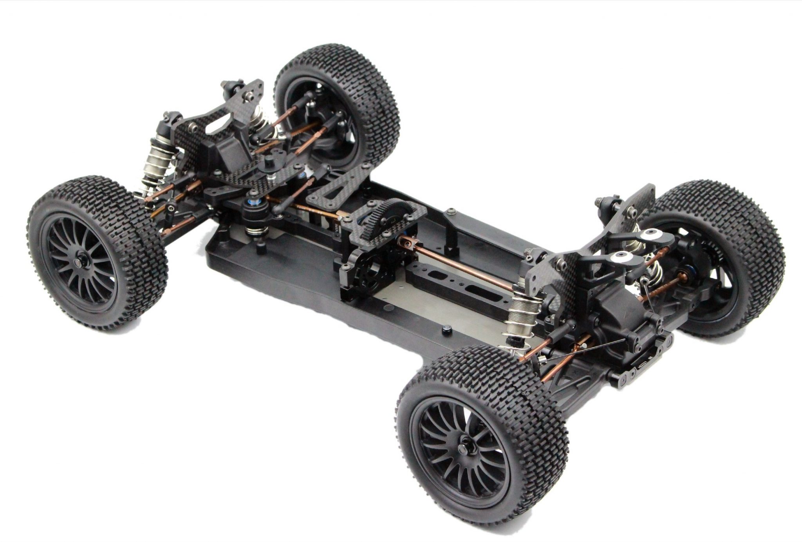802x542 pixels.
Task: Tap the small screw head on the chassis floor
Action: click(x=446, y=331)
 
